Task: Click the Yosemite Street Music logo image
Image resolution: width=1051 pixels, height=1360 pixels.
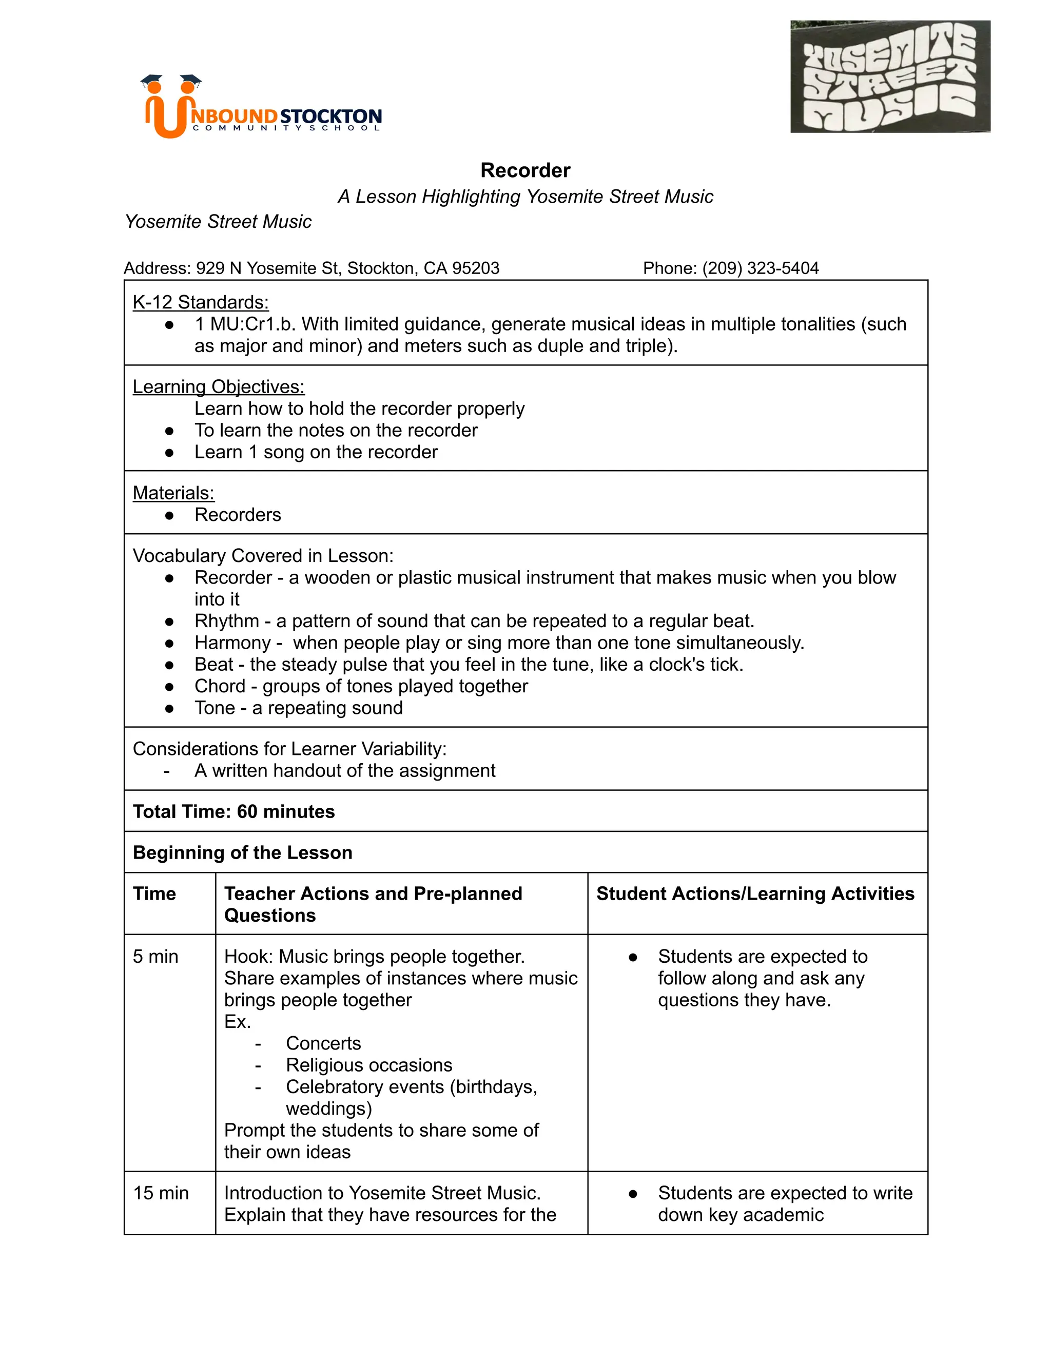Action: pos(890,76)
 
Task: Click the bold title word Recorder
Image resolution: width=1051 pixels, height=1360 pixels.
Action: pos(525,170)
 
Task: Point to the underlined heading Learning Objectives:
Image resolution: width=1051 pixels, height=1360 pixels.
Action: pos(219,387)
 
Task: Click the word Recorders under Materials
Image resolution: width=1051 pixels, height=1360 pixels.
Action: pos(237,514)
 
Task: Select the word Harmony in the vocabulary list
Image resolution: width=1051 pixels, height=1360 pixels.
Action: pos(232,643)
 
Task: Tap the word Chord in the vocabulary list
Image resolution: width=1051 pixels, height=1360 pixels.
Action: pos(220,686)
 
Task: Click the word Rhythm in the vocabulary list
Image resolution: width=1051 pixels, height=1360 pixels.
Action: pos(227,621)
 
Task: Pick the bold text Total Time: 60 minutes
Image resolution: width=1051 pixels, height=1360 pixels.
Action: pos(233,811)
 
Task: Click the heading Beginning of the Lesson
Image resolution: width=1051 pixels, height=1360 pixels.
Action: pos(242,852)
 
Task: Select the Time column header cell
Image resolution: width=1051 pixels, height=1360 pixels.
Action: pos(154,893)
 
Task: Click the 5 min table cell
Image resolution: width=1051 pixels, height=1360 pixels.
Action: pos(155,957)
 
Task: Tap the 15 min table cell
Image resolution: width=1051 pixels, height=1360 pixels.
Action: pos(161,1193)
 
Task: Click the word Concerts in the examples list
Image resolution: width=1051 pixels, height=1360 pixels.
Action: pos(323,1043)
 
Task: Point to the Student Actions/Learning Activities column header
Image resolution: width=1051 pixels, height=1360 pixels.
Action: pos(754,893)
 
